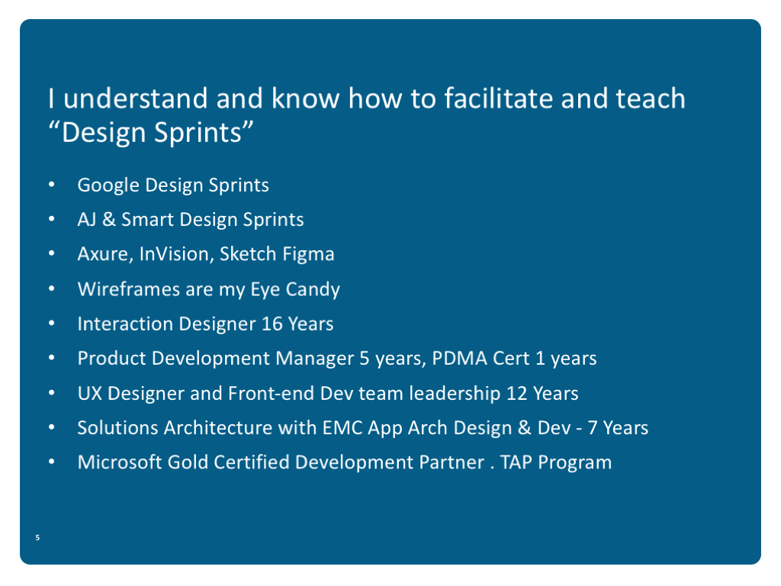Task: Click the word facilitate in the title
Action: [498, 98]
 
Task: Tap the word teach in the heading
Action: [651, 98]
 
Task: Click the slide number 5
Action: [37, 537]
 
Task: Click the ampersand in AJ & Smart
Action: [108, 219]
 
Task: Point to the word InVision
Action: [176, 254]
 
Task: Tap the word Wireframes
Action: [128, 289]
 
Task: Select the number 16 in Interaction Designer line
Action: [272, 324]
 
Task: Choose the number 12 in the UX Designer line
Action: [516, 393]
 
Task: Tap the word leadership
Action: [455, 393]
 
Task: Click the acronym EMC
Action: [342, 427]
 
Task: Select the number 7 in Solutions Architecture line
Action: [592, 427]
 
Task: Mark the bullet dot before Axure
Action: [52, 253]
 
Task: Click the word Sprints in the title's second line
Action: [198, 133]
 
